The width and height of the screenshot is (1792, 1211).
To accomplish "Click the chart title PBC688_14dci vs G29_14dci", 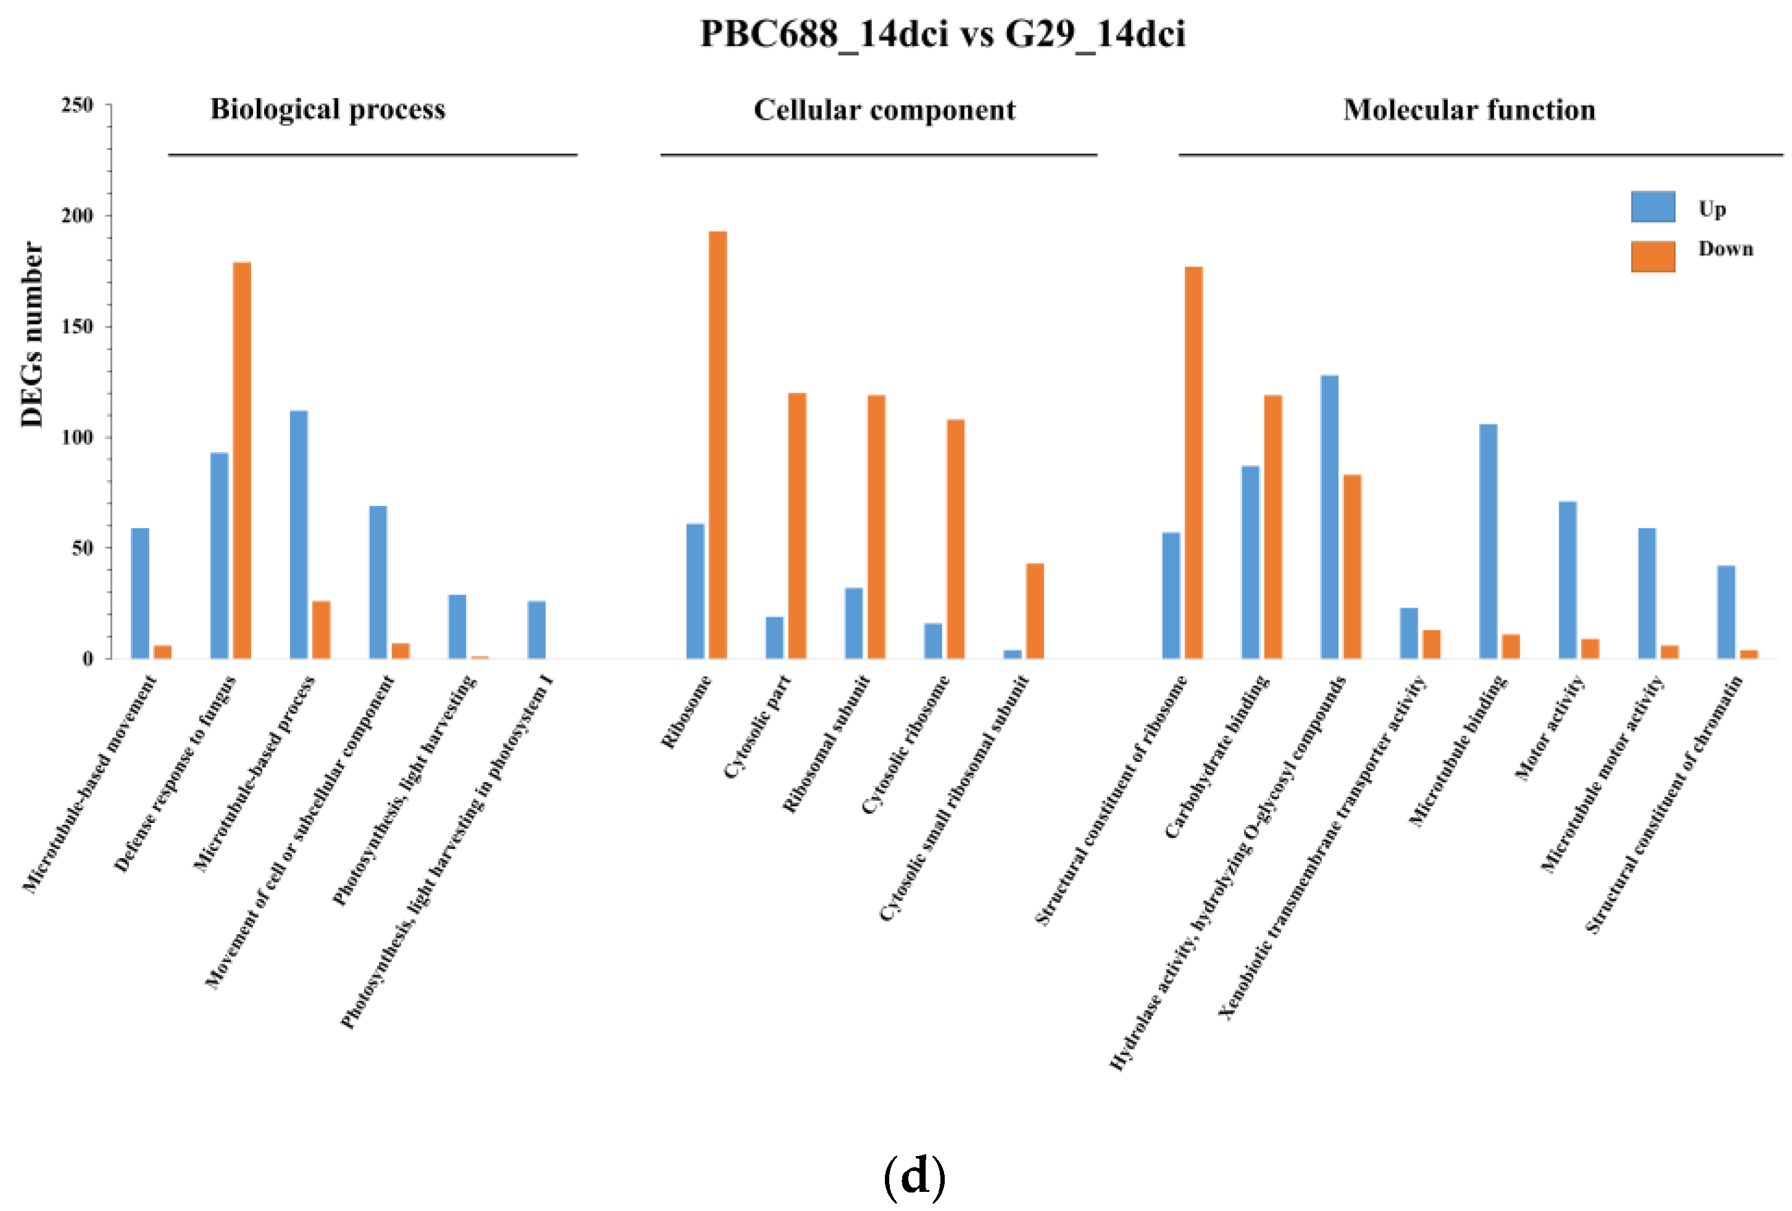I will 942,34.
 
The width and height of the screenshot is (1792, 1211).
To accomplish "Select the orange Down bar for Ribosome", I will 717,445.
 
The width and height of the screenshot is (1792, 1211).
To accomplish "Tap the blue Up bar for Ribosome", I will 695,590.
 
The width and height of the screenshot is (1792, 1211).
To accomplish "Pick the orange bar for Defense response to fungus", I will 241,460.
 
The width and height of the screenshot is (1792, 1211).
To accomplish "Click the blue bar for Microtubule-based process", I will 299,534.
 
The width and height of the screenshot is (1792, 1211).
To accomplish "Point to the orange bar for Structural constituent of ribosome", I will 1193,463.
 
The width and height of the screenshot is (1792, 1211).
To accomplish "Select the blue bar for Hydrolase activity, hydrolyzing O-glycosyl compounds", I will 1329,516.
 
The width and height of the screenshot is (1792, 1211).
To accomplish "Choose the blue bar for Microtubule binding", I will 1488,541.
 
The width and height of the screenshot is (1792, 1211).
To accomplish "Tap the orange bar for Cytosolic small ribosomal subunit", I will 1034,611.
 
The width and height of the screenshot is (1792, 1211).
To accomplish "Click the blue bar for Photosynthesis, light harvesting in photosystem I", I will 537,629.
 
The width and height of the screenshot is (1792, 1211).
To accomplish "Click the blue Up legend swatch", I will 1653,207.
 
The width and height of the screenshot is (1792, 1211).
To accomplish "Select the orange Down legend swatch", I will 1653,256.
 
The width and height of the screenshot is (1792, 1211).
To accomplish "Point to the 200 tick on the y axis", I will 77,216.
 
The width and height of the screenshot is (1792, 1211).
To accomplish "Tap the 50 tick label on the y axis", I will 81,548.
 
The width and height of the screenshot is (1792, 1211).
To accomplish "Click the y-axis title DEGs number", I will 32,334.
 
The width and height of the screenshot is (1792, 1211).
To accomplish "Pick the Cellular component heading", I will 884,110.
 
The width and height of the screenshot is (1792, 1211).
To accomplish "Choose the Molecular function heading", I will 1469,110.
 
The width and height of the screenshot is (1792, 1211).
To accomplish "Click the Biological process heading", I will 328,109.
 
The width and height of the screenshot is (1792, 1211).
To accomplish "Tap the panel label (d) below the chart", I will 914,1176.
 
